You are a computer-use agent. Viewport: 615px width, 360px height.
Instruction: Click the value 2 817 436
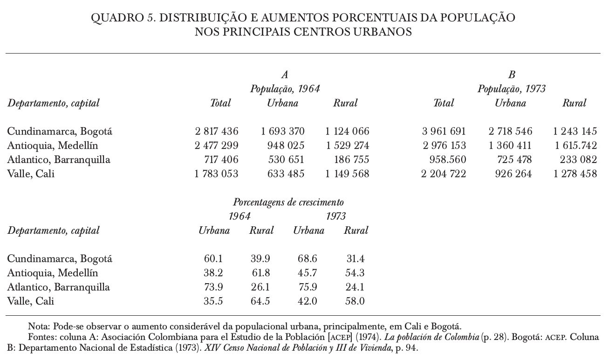click(x=216, y=131)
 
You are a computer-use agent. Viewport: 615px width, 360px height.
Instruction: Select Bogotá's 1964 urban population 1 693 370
click(x=282, y=131)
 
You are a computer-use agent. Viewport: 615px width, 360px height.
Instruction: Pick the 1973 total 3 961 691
click(x=444, y=131)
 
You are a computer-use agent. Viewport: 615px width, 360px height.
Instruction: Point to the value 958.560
click(x=447, y=160)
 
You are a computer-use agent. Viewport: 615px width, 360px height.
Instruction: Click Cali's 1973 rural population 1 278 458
click(x=575, y=174)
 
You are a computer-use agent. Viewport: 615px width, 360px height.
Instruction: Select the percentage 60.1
click(x=213, y=258)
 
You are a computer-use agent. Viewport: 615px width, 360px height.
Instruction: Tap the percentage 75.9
click(x=307, y=287)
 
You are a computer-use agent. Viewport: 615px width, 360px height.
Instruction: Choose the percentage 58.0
click(x=355, y=301)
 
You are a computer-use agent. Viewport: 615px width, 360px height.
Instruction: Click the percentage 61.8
click(x=260, y=273)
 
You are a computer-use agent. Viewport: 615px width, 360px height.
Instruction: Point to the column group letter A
click(x=285, y=75)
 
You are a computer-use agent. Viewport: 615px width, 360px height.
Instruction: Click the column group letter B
click(x=512, y=75)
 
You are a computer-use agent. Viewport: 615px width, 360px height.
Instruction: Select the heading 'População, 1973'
click(x=512, y=89)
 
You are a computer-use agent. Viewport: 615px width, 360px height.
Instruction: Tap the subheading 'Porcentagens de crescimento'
click(x=288, y=203)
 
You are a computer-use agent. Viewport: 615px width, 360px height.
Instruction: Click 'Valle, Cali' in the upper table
click(x=31, y=174)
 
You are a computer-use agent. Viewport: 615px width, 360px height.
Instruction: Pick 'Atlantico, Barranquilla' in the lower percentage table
click(x=58, y=287)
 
